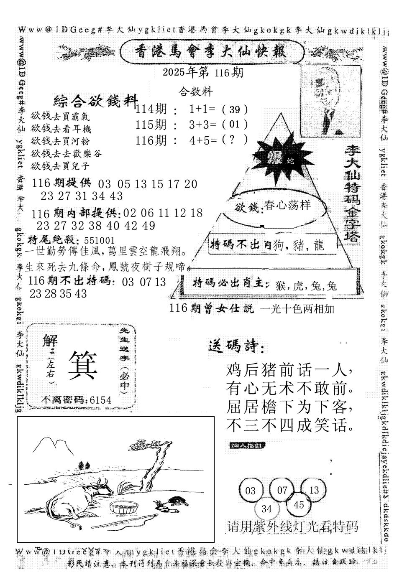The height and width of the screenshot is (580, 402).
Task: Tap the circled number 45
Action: click(x=299, y=505)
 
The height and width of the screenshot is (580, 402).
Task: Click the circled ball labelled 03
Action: click(x=251, y=490)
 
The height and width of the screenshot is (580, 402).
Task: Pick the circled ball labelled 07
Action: click(x=282, y=489)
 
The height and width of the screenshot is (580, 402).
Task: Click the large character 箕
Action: click(x=82, y=364)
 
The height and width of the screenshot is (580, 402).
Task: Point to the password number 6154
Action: click(x=100, y=400)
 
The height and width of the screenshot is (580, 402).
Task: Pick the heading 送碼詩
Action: click(x=235, y=347)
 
